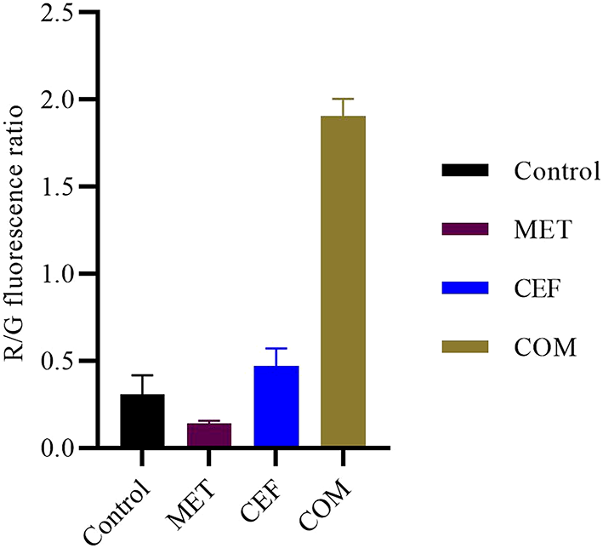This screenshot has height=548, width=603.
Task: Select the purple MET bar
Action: [x=209, y=435]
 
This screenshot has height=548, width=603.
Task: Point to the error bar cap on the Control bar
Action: [x=142, y=375]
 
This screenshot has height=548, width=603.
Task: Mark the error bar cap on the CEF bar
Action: [x=276, y=349]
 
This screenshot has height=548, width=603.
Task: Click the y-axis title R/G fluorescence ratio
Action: [x=18, y=230]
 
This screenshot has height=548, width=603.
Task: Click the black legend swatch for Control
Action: [x=465, y=170]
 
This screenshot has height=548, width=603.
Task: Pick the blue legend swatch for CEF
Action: [x=465, y=288]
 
